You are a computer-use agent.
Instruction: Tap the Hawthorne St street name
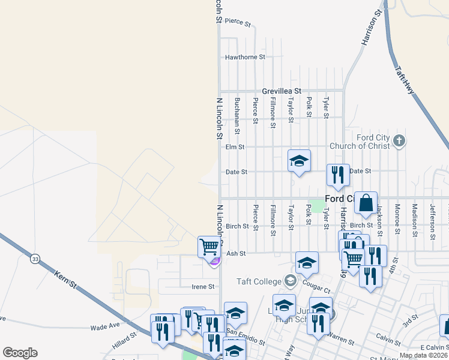pyautogui.click(x=245, y=58)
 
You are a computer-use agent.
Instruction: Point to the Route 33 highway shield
pyautogui.click(x=35, y=259)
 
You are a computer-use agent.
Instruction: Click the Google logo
pyautogui.click(x=20, y=353)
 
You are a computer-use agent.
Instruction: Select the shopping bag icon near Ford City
pyautogui.click(x=366, y=203)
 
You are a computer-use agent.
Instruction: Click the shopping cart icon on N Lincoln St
pyautogui.click(x=209, y=246)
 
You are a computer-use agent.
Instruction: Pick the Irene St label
pyautogui.click(x=203, y=287)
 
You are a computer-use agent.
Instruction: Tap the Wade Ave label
pyautogui.click(x=105, y=327)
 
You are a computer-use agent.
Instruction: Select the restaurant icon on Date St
pyautogui.click(x=338, y=175)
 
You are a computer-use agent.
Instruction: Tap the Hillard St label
pyautogui.click(x=125, y=343)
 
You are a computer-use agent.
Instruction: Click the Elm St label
pyautogui.click(x=235, y=146)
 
